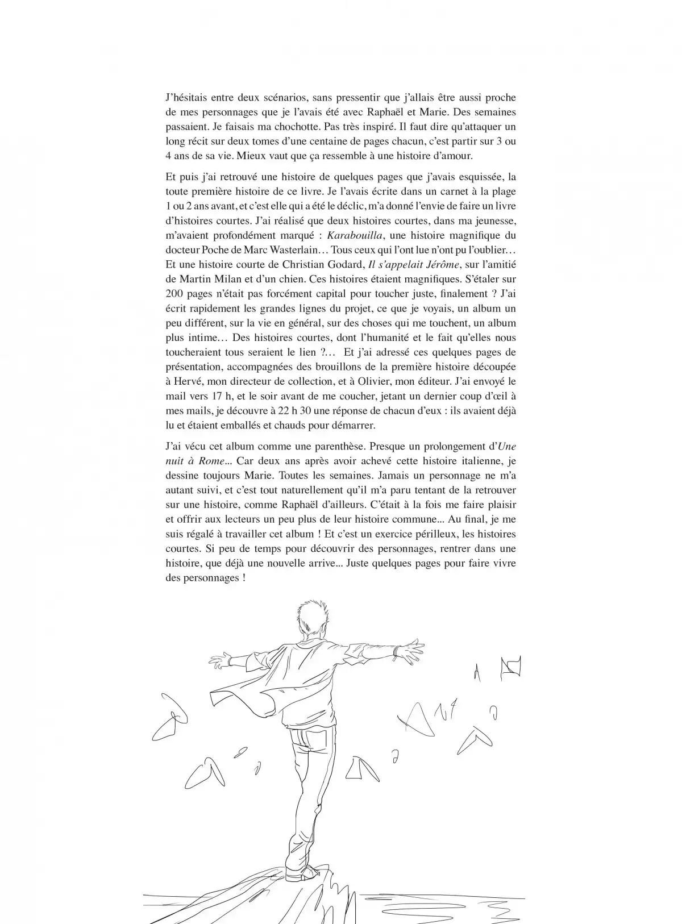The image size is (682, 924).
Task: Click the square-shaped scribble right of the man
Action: [510, 670]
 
